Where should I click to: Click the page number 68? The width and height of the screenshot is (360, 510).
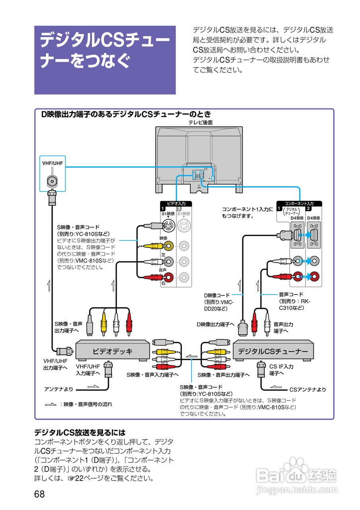click(x=39, y=494)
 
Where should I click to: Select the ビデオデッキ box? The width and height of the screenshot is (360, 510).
click(x=113, y=351)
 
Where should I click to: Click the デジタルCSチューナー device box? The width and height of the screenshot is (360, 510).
click(x=273, y=351)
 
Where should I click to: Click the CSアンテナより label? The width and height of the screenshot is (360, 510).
click(x=307, y=389)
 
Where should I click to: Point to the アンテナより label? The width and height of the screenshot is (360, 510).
click(x=59, y=388)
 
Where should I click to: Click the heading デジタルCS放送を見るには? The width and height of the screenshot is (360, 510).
click(x=80, y=432)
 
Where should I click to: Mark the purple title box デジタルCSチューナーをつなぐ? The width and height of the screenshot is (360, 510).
click(x=105, y=60)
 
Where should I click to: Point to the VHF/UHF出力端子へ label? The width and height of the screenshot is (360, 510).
click(x=55, y=363)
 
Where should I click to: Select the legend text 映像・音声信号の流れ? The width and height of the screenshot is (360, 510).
click(x=86, y=404)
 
